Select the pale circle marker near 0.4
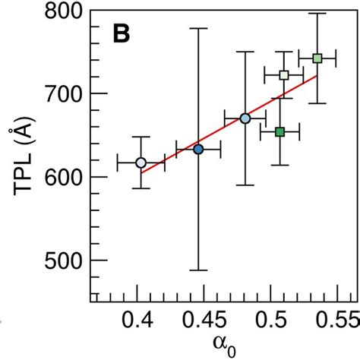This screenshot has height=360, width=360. pyautogui.click(x=141, y=163)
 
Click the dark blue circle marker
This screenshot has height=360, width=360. pyautogui.click(x=198, y=149)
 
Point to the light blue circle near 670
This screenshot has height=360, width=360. pyautogui.click(x=245, y=118)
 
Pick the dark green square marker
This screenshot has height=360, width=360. pyautogui.click(x=279, y=131)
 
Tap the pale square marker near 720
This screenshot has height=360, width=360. pyautogui.click(x=284, y=75)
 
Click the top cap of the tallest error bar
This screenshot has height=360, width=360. pyautogui.click(x=198, y=28)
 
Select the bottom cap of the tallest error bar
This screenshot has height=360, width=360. pyautogui.click(x=198, y=270)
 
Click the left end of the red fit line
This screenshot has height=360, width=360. pyautogui.click(x=141, y=172)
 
